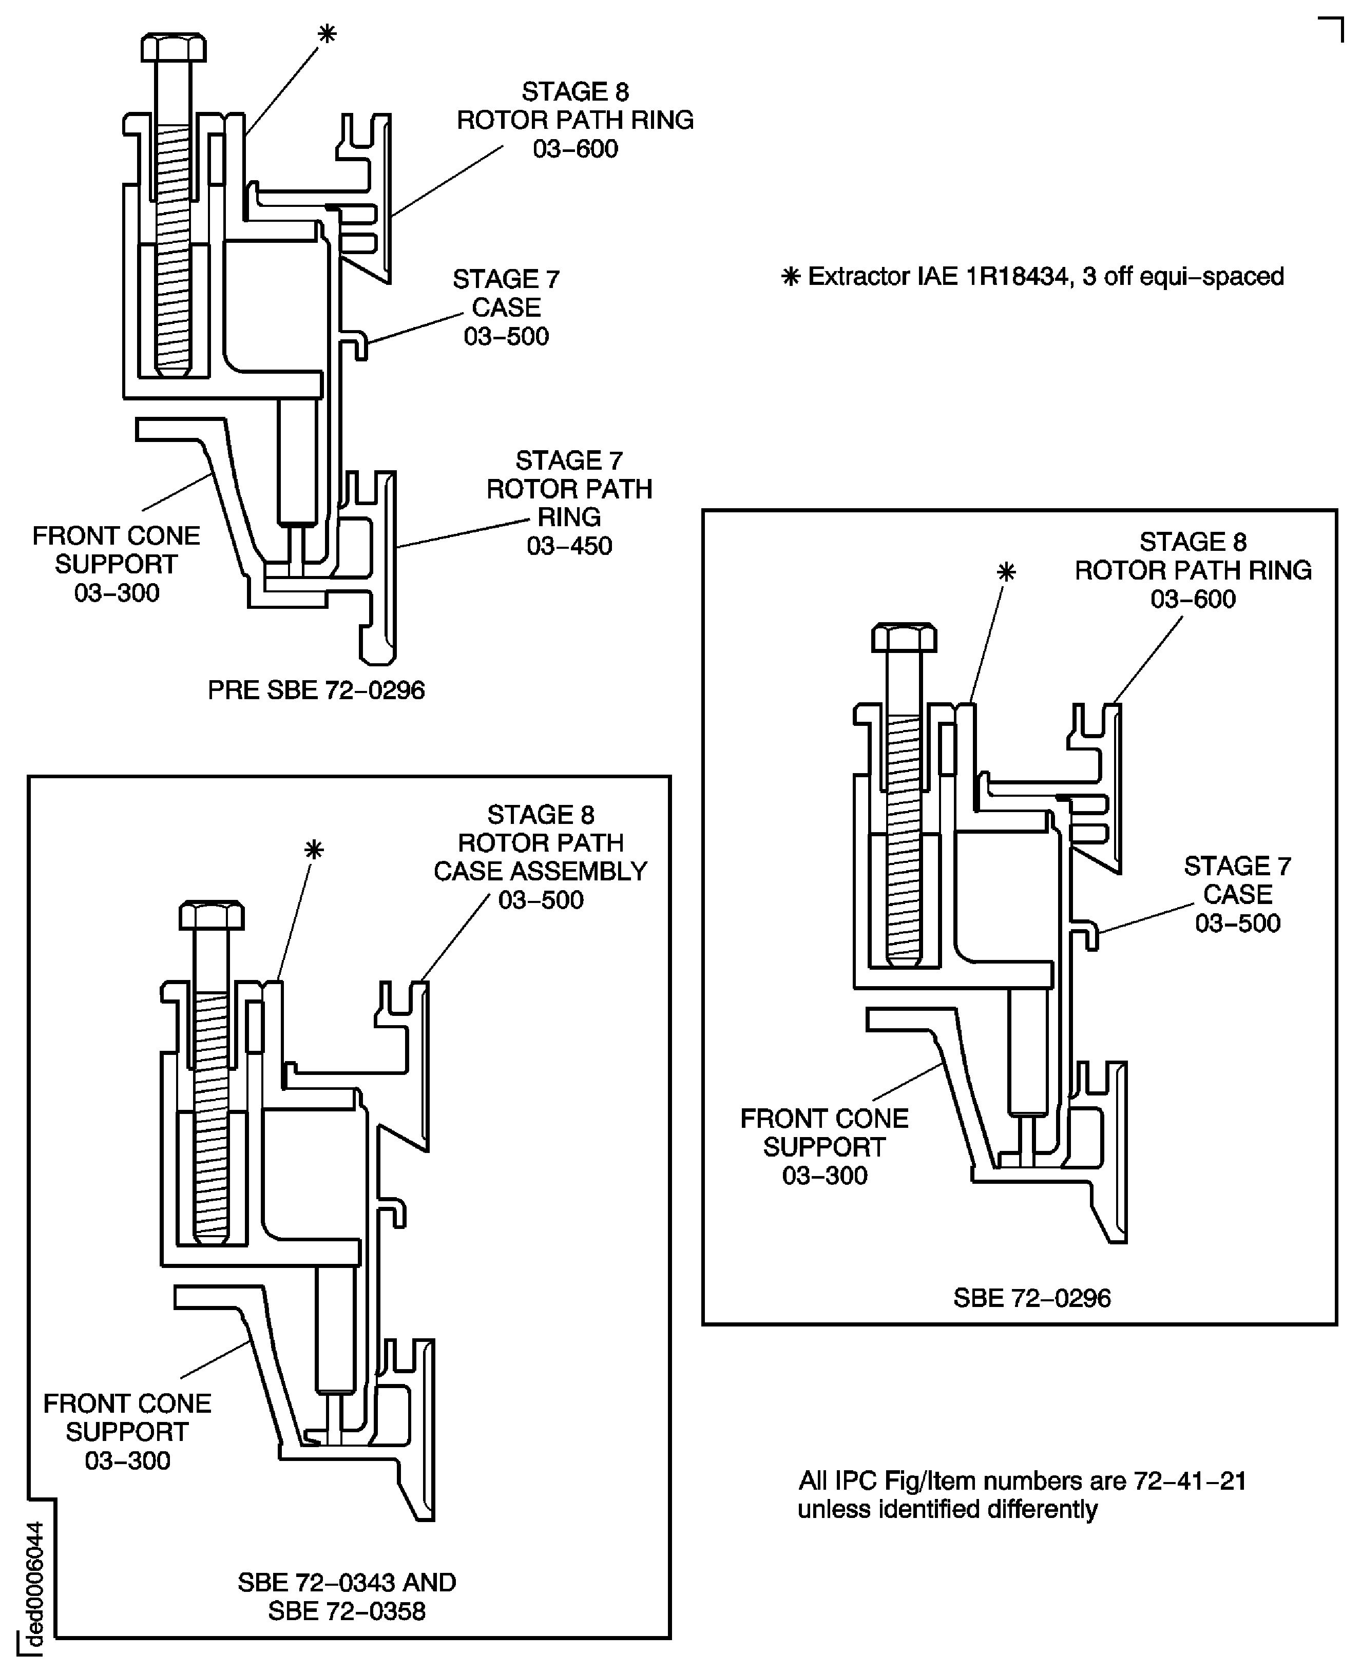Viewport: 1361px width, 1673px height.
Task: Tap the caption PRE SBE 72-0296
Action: [x=316, y=690]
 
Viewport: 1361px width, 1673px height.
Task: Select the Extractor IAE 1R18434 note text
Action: [x=1033, y=277]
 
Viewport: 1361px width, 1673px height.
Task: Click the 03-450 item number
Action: [x=569, y=546]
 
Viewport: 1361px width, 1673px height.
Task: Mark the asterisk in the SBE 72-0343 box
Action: [x=314, y=850]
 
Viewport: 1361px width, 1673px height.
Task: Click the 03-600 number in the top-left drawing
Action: [x=576, y=149]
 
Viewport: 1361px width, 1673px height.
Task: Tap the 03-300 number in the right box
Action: [x=825, y=1175]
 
